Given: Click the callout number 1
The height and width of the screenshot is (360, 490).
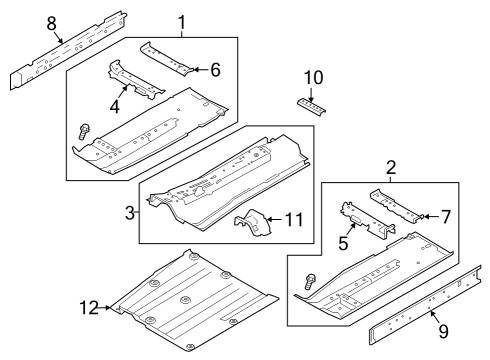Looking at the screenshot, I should pos(181,21).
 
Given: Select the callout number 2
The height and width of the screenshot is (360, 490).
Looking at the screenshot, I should pos(389,169).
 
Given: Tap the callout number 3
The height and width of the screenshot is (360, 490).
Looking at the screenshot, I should pos(130,211).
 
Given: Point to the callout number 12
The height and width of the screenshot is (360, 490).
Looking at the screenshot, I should pos(90,307).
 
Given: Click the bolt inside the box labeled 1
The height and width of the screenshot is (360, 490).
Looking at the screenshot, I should pos(83,128).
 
